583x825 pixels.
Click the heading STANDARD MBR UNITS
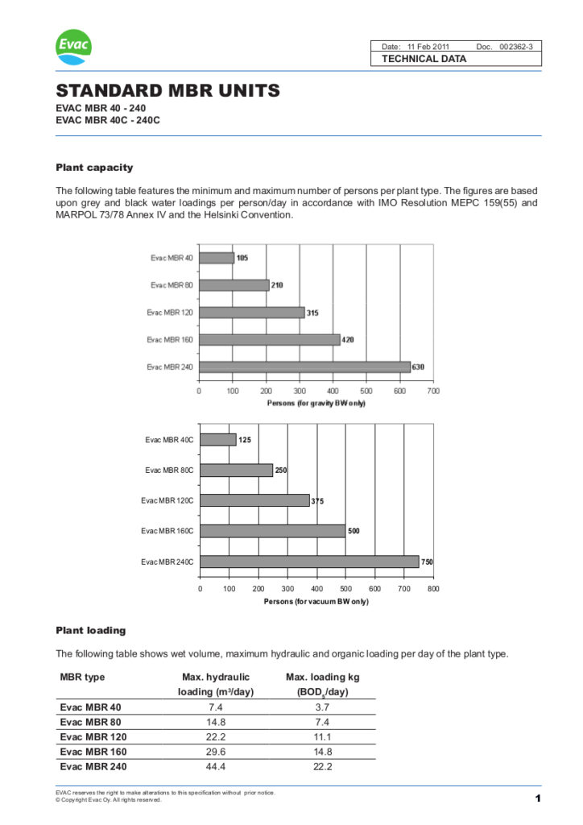(x=167, y=90)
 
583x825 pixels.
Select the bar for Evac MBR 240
(x=304, y=367)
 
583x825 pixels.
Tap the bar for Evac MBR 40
(x=217, y=258)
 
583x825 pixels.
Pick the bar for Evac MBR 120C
(x=254, y=500)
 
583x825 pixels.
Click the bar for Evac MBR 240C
(x=309, y=562)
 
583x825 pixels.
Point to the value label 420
(x=348, y=340)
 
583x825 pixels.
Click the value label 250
(x=281, y=471)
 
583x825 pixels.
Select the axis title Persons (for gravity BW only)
(x=316, y=404)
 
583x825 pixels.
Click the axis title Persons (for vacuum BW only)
(x=316, y=602)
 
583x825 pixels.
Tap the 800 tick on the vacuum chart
(x=433, y=589)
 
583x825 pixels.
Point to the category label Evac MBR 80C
(x=169, y=471)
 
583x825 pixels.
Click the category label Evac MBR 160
(x=170, y=340)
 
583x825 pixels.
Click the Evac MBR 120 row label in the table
(x=93, y=736)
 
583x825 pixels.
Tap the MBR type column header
(x=83, y=678)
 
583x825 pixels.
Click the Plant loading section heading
(x=90, y=630)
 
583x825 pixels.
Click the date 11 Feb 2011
(x=434, y=47)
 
